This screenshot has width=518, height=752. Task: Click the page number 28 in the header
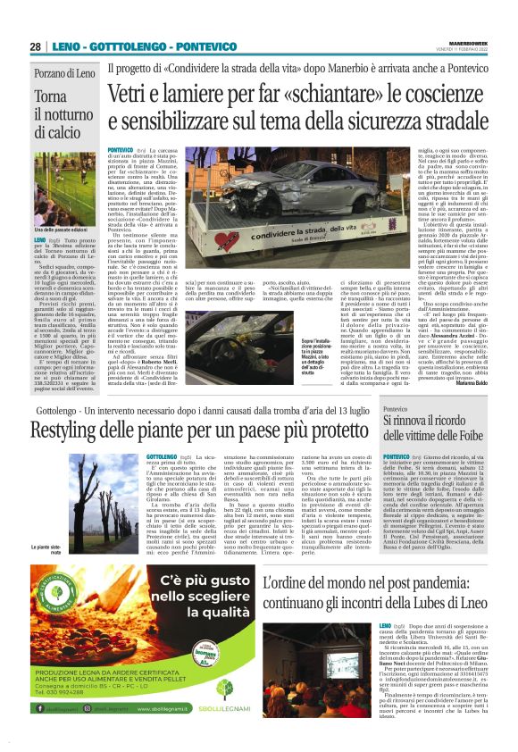pos(35,46)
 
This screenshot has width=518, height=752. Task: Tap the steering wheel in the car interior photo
pos(215,343)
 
